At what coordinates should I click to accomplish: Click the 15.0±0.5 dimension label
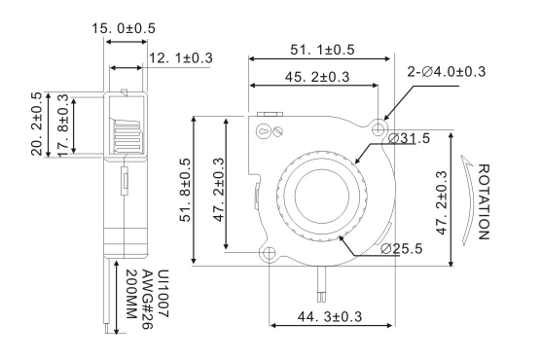[x=124, y=28]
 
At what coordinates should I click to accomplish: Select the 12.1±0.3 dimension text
[x=180, y=58]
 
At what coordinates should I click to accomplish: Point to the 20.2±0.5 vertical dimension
[x=37, y=124]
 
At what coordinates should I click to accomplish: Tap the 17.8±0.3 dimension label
[x=63, y=126]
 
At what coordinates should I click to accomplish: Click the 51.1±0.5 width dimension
[x=322, y=50]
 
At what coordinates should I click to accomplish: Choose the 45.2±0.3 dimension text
[x=317, y=77]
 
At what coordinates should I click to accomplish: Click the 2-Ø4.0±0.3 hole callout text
[x=447, y=72]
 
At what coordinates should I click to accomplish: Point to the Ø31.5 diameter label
[x=409, y=138]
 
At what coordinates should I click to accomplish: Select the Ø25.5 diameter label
[x=401, y=248]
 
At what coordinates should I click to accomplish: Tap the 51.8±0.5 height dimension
[x=185, y=190]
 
